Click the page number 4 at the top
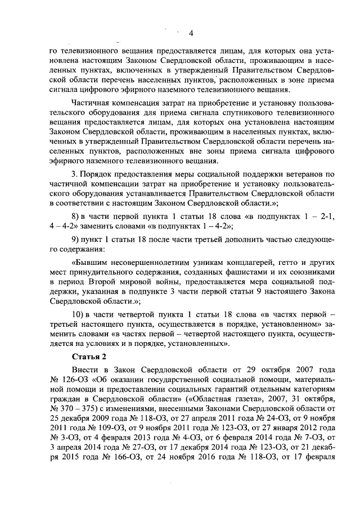click(191, 33)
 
